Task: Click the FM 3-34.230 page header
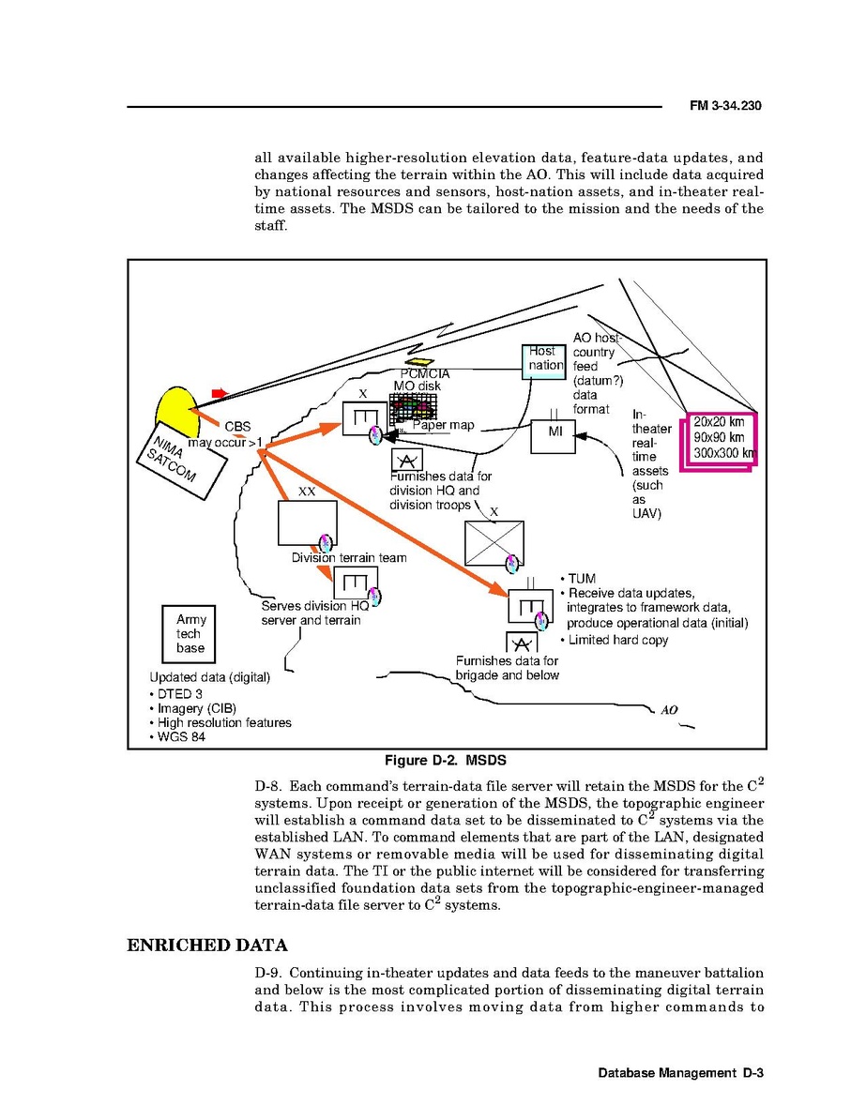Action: [725, 107]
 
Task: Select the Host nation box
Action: [543, 360]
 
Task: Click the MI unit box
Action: [555, 434]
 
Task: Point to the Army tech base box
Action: [190, 633]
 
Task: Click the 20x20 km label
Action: [720, 422]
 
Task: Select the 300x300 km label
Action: [723, 454]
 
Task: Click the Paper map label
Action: [444, 426]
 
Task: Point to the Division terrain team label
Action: [349, 558]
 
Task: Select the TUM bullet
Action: [582, 580]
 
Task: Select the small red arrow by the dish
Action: [220, 392]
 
